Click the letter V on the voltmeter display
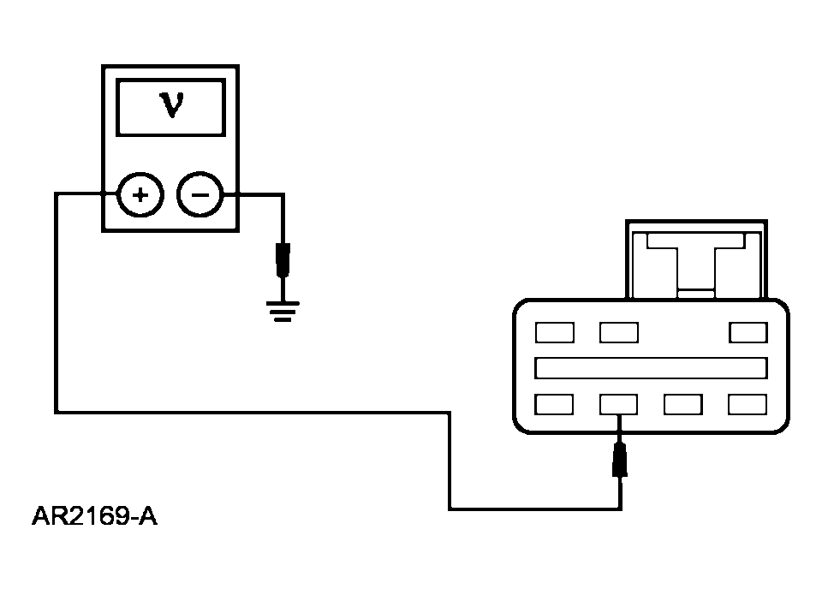click(172, 104)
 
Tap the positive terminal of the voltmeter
click(140, 195)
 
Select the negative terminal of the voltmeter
click(200, 195)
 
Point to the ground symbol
click(283, 312)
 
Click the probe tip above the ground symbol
click(283, 260)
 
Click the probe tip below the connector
click(620, 460)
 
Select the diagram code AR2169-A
click(94, 515)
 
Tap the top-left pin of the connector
click(555, 333)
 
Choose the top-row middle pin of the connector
click(619, 333)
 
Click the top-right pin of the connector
click(748, 333)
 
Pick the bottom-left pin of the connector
click(554, 405)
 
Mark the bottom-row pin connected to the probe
click(618, 405)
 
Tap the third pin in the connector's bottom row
click(683, 405)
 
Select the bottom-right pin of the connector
click(748, 405)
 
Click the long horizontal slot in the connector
click(651, 368)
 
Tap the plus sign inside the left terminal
click(140, 195)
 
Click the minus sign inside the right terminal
click(200, 195)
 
